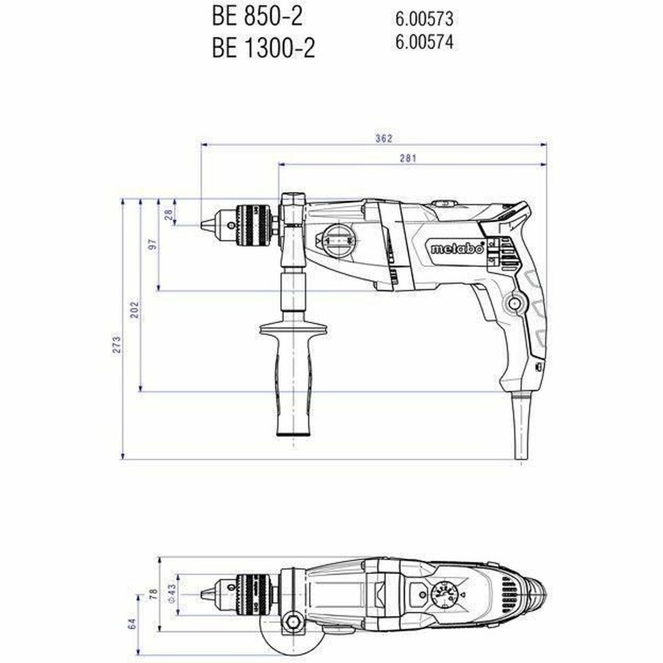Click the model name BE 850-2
pos(257,17)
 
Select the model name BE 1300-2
pos(263,49)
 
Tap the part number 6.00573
pos(424,19)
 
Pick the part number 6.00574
pos(424,42)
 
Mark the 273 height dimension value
pos(117,344)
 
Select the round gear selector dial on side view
pos(338,241)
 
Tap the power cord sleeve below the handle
pos(520,425)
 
